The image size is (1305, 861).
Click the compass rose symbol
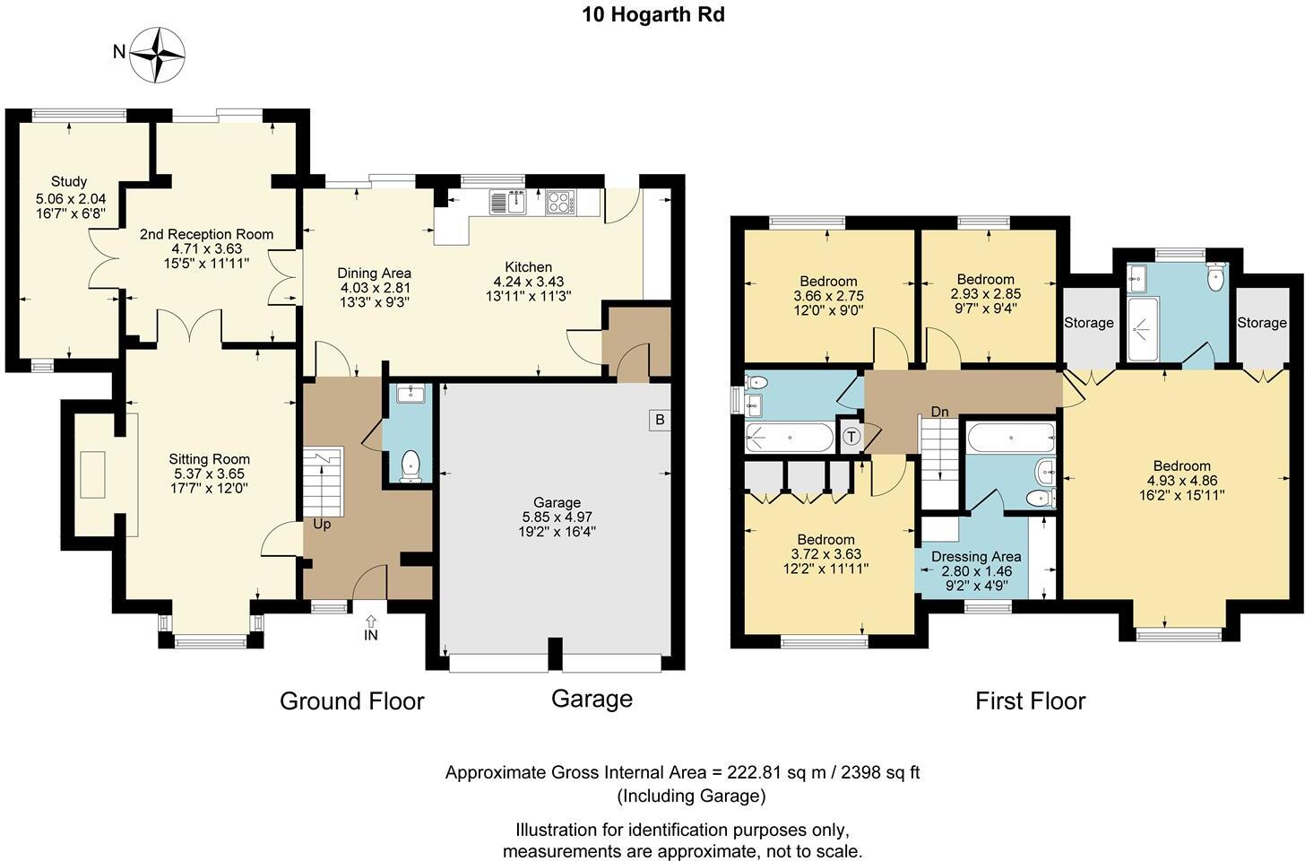[x=157, y=55]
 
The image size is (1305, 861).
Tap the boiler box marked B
[x=660, y=420]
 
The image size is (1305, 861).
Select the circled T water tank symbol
[x=851, y=436]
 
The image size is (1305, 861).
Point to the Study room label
[x=69, y=181]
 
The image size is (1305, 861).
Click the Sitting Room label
[x=209, y=459]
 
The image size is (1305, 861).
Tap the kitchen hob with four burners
[x=559, y=203]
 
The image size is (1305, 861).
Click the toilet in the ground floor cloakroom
[x=411, y=465]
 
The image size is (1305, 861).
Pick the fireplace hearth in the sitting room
[x=92, y=474]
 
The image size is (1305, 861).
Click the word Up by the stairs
[x=322, y=524]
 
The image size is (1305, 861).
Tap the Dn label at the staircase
[x=939, y=412]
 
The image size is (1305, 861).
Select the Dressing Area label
[x=976, y=557]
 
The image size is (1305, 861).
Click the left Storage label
[x=1089, y=322]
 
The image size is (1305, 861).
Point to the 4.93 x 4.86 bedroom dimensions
[x=1182, y=481]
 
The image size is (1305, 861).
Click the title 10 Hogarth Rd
[x=653, y=14]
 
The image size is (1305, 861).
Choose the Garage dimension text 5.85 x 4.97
[x=557, y=517]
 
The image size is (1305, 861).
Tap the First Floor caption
[x=1030, y=700]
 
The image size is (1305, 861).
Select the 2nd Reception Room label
[x=206, y=234]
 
